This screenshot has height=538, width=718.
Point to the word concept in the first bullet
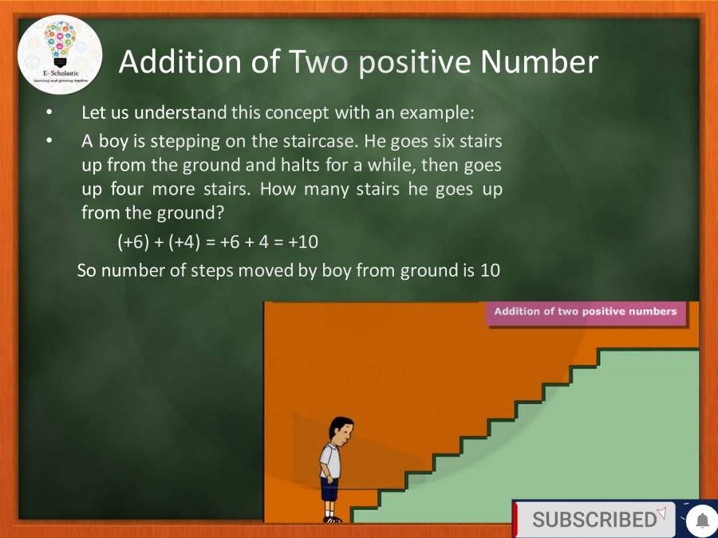pos(294,112)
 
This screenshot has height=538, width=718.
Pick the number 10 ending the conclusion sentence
pos(489,270)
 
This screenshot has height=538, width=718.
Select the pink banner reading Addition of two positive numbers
pos(585,312)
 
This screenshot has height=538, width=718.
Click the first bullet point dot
pos(49,112)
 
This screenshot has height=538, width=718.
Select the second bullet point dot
pos(49,142)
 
